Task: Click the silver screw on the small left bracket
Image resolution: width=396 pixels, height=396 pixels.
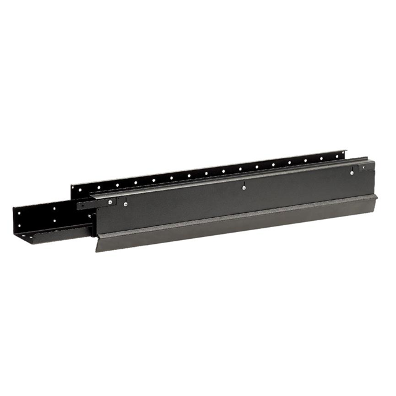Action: pos(111,202)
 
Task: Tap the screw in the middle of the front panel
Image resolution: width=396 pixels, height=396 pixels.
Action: pos(244,184)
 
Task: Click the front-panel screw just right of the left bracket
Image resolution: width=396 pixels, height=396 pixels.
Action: pos(126,204)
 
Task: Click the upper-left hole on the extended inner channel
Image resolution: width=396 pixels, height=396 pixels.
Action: pos(20,213)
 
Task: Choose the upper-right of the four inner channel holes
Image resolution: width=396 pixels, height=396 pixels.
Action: pos(55,208)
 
